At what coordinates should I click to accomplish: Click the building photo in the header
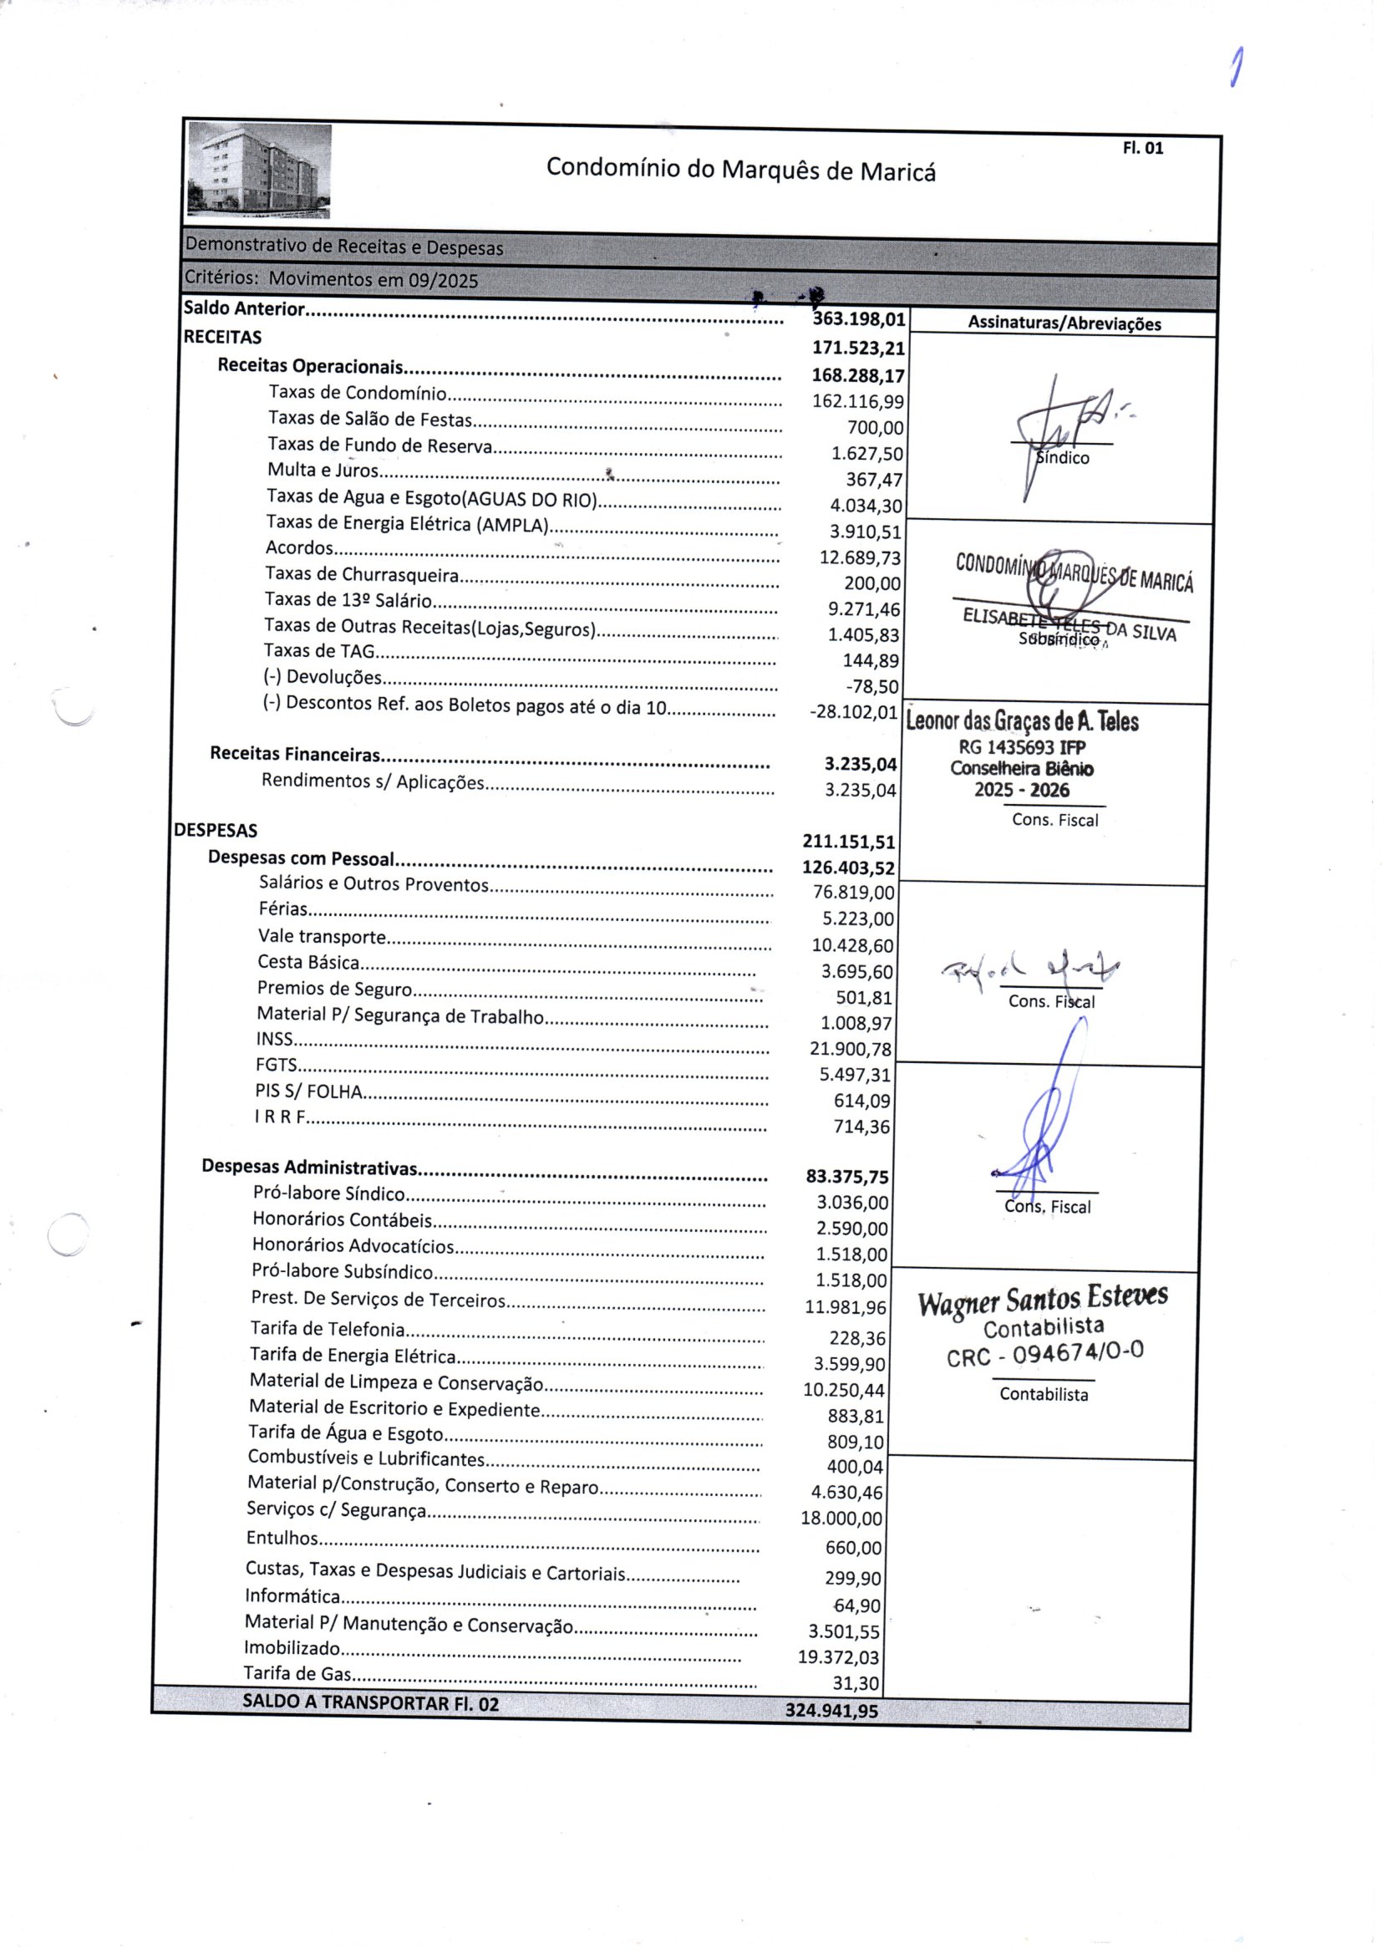coord(260,170)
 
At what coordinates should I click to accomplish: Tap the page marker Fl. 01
coord(1142,148)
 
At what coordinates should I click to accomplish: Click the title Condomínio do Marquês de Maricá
coord(740,170)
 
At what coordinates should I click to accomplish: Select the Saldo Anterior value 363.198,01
coord(859,320)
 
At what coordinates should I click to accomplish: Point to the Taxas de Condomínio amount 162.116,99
coord(858,402)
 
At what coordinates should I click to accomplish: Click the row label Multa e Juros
coord(323,471)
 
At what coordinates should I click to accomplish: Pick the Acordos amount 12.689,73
coord(860,558)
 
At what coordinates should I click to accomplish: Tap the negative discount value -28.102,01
coord(854,712)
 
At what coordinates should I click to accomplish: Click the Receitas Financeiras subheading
coord(294,755)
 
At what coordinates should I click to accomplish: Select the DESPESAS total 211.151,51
coord(848,842)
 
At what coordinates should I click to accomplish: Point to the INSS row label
coord(274,1039)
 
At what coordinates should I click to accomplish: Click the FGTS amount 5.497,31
coord(855,1076)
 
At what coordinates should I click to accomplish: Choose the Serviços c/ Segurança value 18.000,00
coord(841,1519)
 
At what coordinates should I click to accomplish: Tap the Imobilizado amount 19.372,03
coord(838,1658)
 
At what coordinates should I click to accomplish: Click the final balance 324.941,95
coord(831,1711)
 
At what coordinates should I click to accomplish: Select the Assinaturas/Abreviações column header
coord(1064,324)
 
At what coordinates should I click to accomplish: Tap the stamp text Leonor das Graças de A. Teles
coord(1022,722)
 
